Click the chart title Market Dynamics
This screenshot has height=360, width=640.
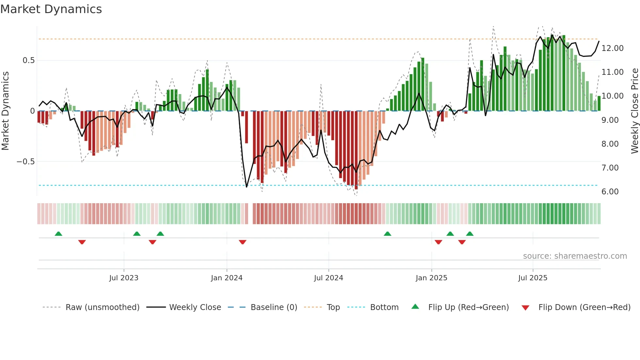click(x=51, y=9)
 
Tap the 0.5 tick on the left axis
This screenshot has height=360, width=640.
click(x=28, y=60)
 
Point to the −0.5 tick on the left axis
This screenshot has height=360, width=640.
click(x=25, y=162)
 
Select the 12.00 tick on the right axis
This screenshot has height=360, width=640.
click(x=613, y=48)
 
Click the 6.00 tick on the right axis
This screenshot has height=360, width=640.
click(x=610, y=192)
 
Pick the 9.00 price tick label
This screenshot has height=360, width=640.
click(x=610, y=120)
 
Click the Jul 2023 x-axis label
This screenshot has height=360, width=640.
click(x=124, y=278)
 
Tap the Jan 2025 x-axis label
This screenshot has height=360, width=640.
click(x=431, y=278)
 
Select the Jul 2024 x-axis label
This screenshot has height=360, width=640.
click(x=328, y=278)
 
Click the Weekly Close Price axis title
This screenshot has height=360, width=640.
click(x=634, y=111)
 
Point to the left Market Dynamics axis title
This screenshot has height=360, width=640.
click(x=5, y=111)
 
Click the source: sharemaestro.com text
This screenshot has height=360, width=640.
click(x=575, y=256)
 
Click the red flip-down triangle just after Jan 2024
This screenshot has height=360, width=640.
click(x=242, y=242)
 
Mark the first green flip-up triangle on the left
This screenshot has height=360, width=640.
click(x=58, y=234)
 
